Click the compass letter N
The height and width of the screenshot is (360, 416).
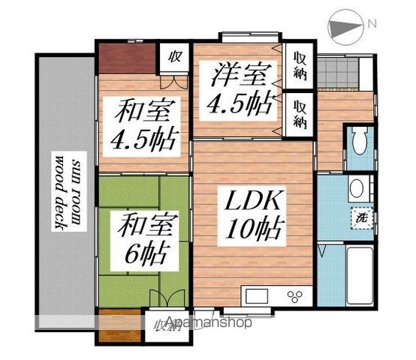372,25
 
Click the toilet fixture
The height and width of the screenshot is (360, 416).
359,139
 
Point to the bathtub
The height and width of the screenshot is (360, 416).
356,274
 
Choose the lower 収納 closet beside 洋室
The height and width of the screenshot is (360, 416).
300,112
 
